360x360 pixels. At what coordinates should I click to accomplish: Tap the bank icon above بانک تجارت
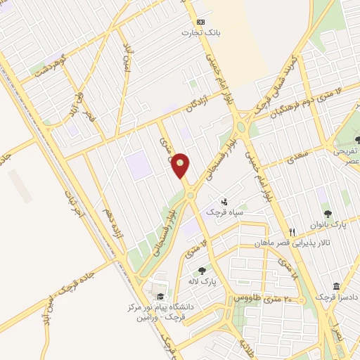point(200,22)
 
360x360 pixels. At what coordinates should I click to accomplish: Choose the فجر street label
point(89,113)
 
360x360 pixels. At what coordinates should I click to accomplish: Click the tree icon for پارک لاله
point(202,271)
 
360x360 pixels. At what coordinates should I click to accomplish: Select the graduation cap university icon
point(160,296)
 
